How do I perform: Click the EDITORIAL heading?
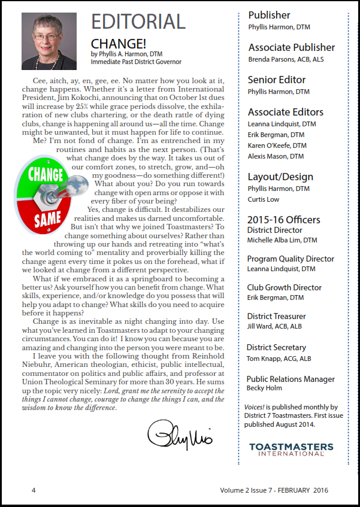(138, 22)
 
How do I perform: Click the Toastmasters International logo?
(291, 450)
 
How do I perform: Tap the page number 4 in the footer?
(34, 491)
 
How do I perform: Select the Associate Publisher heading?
(292, 47)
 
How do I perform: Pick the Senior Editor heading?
(277, 80)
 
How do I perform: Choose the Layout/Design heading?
(280, 177)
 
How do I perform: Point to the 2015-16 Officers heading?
(284, 219)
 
